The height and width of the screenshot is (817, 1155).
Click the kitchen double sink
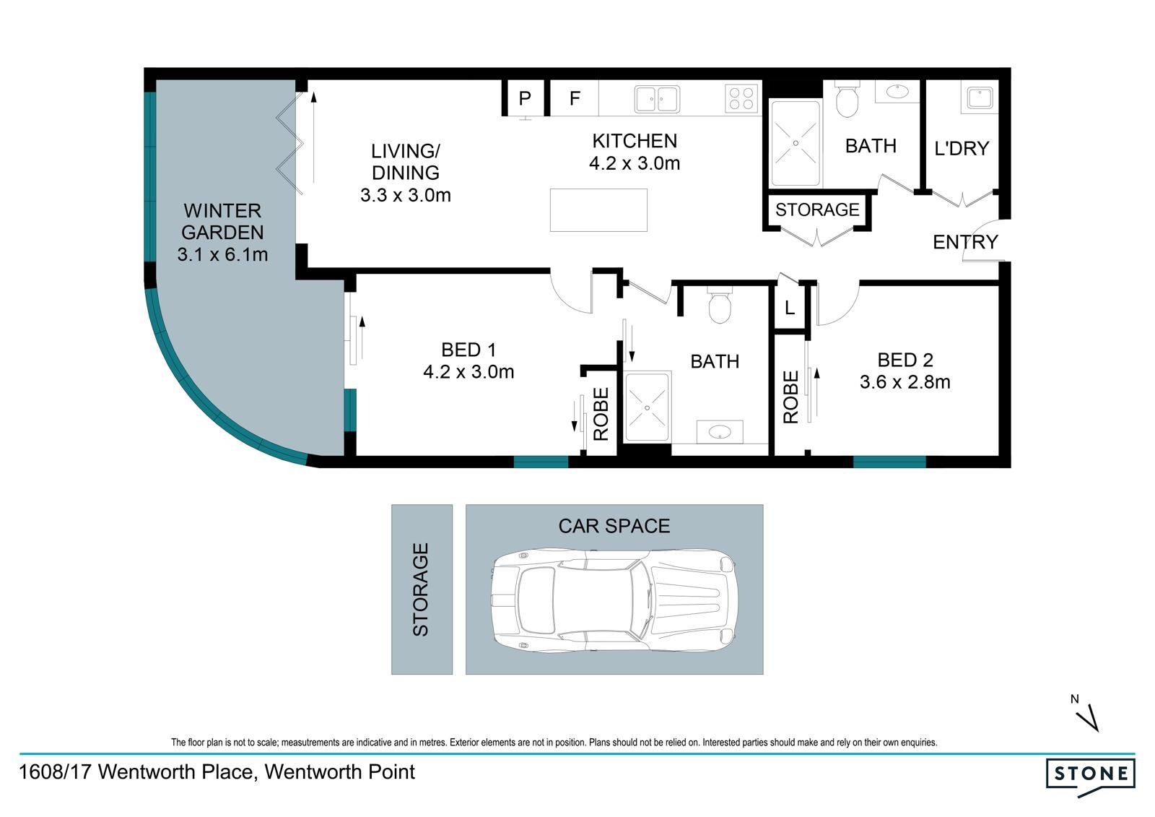(x=657, y=98)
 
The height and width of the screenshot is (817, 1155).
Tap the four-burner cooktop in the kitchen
(x=741, y=98)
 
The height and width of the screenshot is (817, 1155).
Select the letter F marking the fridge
(x=575, y=98)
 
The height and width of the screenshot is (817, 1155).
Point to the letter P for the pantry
(x=525, y=98)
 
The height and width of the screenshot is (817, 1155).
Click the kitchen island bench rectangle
(x=598, y=210)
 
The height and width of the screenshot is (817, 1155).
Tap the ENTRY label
(x=965, y=242)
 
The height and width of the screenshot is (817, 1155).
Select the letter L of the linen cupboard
(x=790, y=308)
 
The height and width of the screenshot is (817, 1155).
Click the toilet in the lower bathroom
(x=720, y=306)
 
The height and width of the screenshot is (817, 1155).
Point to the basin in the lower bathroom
(x=719, y=432)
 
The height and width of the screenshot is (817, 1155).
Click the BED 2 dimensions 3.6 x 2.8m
(x=905, y=382)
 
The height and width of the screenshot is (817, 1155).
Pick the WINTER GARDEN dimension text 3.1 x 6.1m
(x=222, y=254)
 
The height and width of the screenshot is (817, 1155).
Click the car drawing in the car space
(x=614, y=600)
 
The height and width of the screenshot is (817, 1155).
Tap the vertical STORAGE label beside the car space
(x=421, y=589)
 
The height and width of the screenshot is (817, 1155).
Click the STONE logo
(x=1091, y=777)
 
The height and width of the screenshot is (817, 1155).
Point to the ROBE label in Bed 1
(x=601, y=414)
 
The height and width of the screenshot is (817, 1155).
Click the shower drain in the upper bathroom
(x=796, y=143)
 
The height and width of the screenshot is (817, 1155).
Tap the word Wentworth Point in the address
(x=340, y=772)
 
